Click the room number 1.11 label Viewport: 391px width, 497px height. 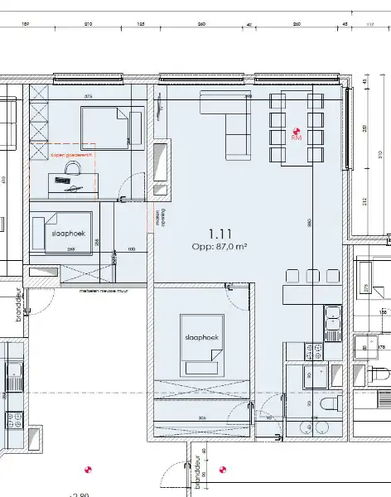point(220,234)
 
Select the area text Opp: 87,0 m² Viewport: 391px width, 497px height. point(220,247)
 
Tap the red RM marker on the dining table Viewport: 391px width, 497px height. point(297,132)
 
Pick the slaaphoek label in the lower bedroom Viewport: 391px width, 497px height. point(201,338)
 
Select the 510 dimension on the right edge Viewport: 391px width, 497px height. point(379,154)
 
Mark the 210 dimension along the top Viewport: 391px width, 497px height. point(88,26)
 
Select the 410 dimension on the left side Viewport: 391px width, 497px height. point(4,180)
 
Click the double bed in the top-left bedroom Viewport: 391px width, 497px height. point(105,128)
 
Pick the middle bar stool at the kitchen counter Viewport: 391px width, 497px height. point(312,276)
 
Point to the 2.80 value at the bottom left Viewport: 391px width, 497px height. point(80,495)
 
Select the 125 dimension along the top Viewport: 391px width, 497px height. point(141,26)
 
